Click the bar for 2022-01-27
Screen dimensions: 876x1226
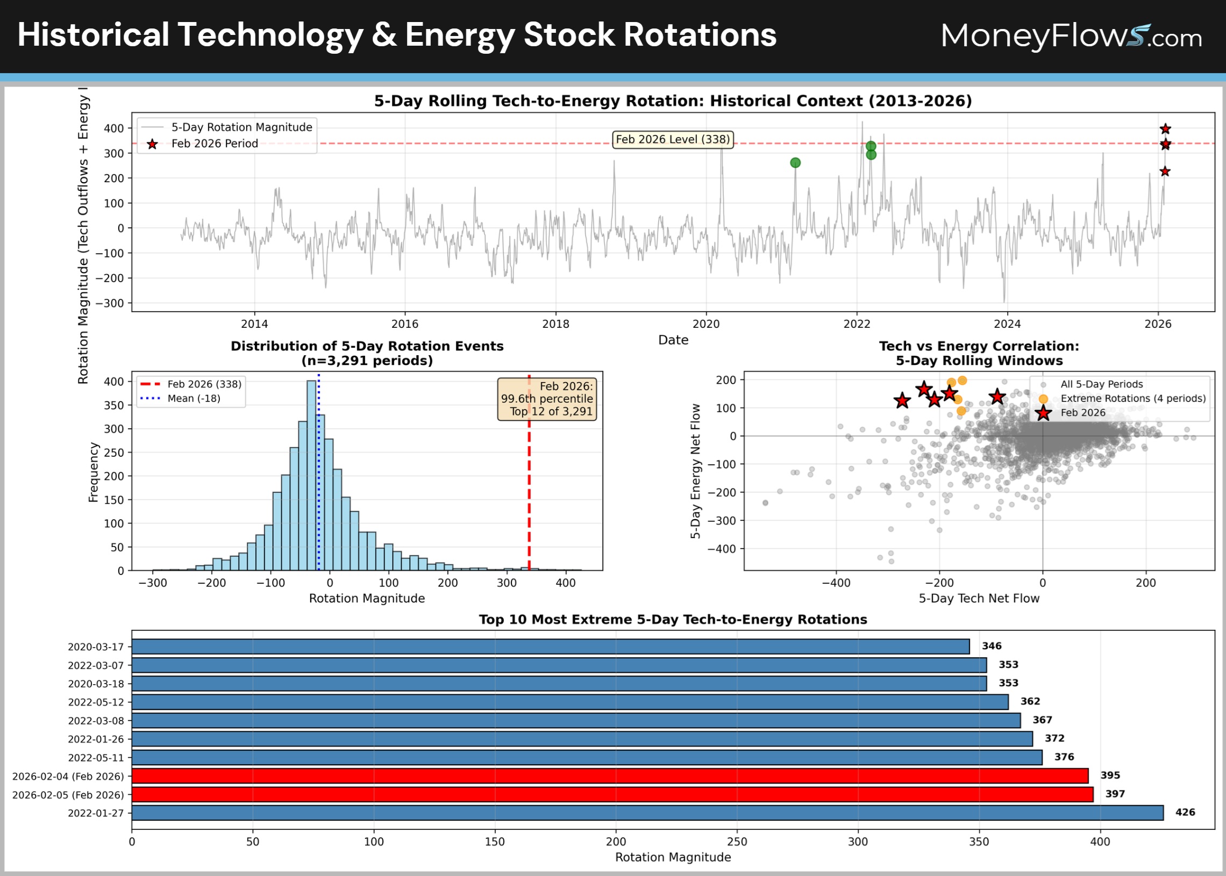point(647,813)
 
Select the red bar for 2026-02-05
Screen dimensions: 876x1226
point(612,794)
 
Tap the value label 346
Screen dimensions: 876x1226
point(991,646)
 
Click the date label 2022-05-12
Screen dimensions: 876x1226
point(96,702)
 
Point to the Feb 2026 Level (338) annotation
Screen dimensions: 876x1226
point(672,140)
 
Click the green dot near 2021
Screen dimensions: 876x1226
point(795,163)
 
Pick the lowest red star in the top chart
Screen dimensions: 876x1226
point(1165,171)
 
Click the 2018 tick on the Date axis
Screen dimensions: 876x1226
point(555,324)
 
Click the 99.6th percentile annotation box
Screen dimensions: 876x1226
point(547,399)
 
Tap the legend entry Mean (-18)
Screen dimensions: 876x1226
point(194,399)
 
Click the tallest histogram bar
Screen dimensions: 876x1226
point(311,475)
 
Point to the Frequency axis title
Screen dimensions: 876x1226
point(94,472)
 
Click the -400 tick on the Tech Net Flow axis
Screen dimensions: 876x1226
point(836,583)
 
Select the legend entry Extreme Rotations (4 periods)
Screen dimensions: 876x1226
point(1132,399)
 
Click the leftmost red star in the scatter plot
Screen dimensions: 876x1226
point(902,401)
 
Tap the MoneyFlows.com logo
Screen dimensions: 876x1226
point(1071,37)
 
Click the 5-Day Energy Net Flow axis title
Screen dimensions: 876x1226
point(696,471)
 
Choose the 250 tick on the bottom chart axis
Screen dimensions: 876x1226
point(737,842)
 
